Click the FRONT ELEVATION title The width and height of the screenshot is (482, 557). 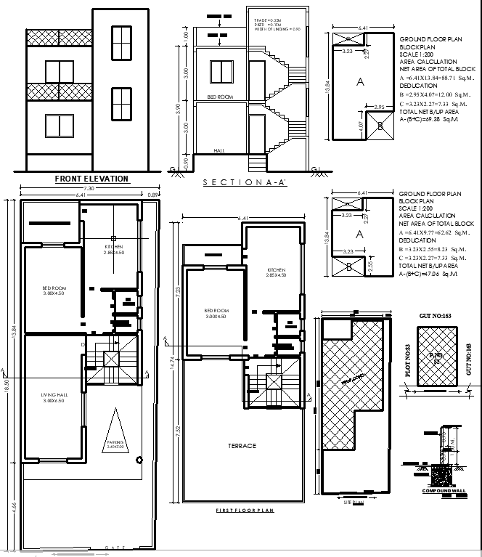(92, 179)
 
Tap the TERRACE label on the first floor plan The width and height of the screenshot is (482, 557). (242, 446)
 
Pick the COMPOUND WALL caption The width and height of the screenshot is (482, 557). (443, 492)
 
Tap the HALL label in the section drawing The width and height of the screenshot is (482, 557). (220, 151)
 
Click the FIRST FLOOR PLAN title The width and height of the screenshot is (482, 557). (245, 511)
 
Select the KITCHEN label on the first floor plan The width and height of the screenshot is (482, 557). (277, 272)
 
